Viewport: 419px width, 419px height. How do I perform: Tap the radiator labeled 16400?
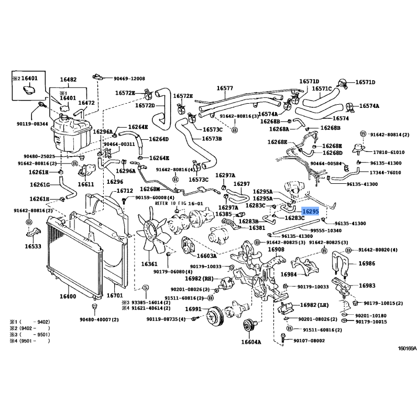pyautogui.click(x=73, y=257)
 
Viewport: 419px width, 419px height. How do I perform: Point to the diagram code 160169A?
pyautogui.click(x=407, y=348)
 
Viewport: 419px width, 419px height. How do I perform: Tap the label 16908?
pyautogui.click(x=276, y=250)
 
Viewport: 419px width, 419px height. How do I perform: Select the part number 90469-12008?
pyautogui.click(x=129, y=79)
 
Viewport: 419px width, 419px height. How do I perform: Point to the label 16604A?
pyautogui.click(x=250, y=343)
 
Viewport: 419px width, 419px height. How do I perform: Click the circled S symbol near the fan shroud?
pyautogui.click(x=146, y=287)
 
